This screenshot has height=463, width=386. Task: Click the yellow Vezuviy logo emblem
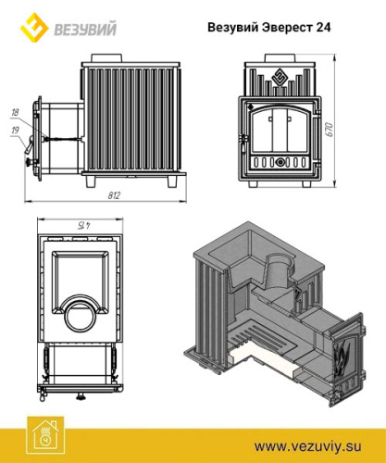[34, 27]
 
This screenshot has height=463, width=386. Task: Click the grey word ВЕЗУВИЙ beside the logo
[85, 30]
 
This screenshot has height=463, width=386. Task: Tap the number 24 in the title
[323, 27]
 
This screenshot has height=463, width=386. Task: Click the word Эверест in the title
[287, 28]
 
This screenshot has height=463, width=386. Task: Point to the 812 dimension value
[114, 195]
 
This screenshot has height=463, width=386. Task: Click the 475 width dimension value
[81, 225]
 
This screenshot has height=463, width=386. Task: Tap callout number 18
[15, 112]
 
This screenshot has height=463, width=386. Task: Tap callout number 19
[15, 131]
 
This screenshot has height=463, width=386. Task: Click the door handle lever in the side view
[29, 144]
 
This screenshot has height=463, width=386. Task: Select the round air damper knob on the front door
[280, 162]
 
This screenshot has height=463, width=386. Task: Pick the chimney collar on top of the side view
[106, 57]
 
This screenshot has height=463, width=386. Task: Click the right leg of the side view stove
[172, 181]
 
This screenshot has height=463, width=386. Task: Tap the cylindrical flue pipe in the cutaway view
[278, 272]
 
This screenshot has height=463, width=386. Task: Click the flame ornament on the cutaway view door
[343, 357]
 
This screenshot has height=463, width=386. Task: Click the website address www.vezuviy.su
[307, 447]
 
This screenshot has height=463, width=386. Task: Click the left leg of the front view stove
[253, 183]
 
